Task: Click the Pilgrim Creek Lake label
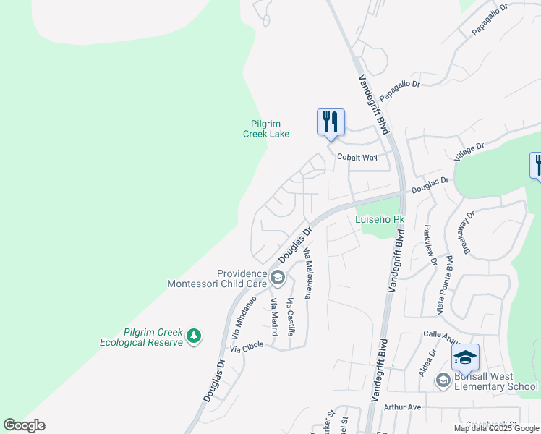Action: (265, 129)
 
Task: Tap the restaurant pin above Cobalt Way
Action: (331, 122)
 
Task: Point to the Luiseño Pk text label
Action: (379, 219)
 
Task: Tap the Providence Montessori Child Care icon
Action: (277, 277)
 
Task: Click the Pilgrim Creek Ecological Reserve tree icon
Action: (194, 336)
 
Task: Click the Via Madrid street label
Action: (274, 318)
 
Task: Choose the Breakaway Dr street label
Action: (468, 232)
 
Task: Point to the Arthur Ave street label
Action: (403, 407)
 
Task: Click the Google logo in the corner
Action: (24, 425)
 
